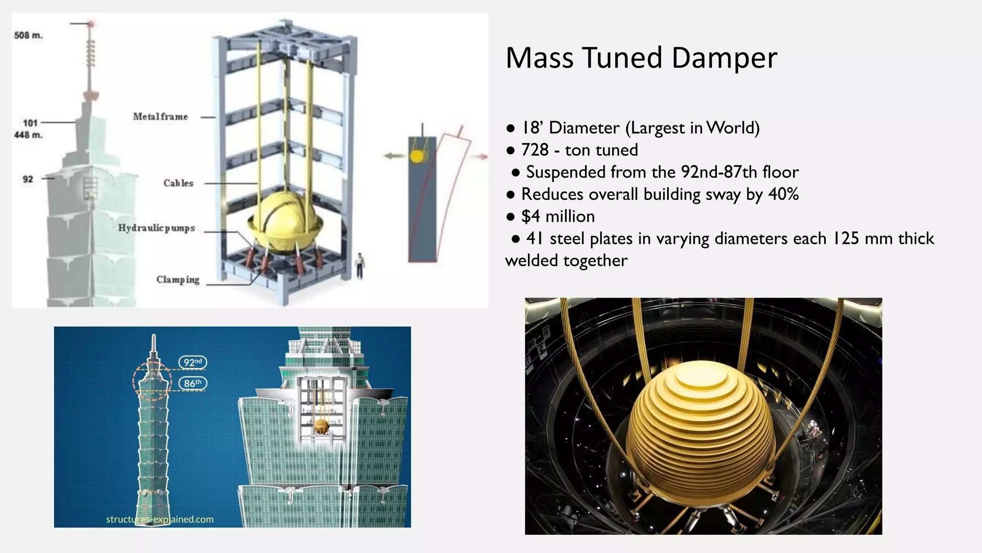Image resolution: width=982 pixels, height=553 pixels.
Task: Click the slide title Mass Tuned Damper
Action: click(x=641, y=58)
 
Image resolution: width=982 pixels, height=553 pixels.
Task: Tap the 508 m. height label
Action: click(x=28, y=36)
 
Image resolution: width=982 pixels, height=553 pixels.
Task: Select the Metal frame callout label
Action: click(x=160, y=117)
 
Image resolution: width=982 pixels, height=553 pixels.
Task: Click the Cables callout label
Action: click(x=178, y=183)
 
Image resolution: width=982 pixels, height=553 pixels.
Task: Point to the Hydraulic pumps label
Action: click(x=156, y=228)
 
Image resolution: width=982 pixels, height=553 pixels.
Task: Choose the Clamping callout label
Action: click(x=177, y=280)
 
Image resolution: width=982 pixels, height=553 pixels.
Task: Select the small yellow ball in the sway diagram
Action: click(x=417, y=156)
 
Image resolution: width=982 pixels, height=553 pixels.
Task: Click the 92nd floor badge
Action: click(x=193, y=362)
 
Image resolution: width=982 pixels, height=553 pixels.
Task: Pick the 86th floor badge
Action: click(x=193, y=383)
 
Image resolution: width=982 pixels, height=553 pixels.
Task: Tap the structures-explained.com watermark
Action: click(x=160, y=519)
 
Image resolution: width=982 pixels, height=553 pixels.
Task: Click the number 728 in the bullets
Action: click(x=535, y=150)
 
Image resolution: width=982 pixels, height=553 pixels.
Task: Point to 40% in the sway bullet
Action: click(x=783, y=194)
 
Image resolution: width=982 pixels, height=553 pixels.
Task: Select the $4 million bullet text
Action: click(x=558, y=216)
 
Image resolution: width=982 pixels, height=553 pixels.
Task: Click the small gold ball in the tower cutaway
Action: click(x=320, y=425)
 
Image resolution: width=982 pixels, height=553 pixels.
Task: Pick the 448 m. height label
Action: click(x=28, y=135)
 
